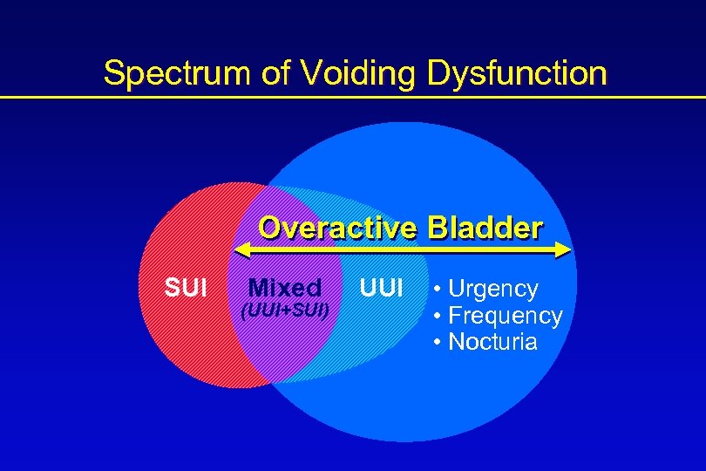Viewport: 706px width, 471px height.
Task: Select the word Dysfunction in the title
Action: point(517,73)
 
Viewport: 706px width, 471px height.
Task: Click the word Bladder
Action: point(485,229)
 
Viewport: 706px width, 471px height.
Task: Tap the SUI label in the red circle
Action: point(184,287)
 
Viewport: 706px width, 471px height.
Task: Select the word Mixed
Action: point(285,287)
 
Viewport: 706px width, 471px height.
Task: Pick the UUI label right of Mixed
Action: point(381,287)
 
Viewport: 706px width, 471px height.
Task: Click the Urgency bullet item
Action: point(492,289)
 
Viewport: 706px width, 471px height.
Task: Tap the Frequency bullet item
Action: point(505,315)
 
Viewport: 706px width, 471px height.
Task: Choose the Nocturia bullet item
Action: point(492,341)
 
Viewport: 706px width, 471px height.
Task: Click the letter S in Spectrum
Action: point(112,73)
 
